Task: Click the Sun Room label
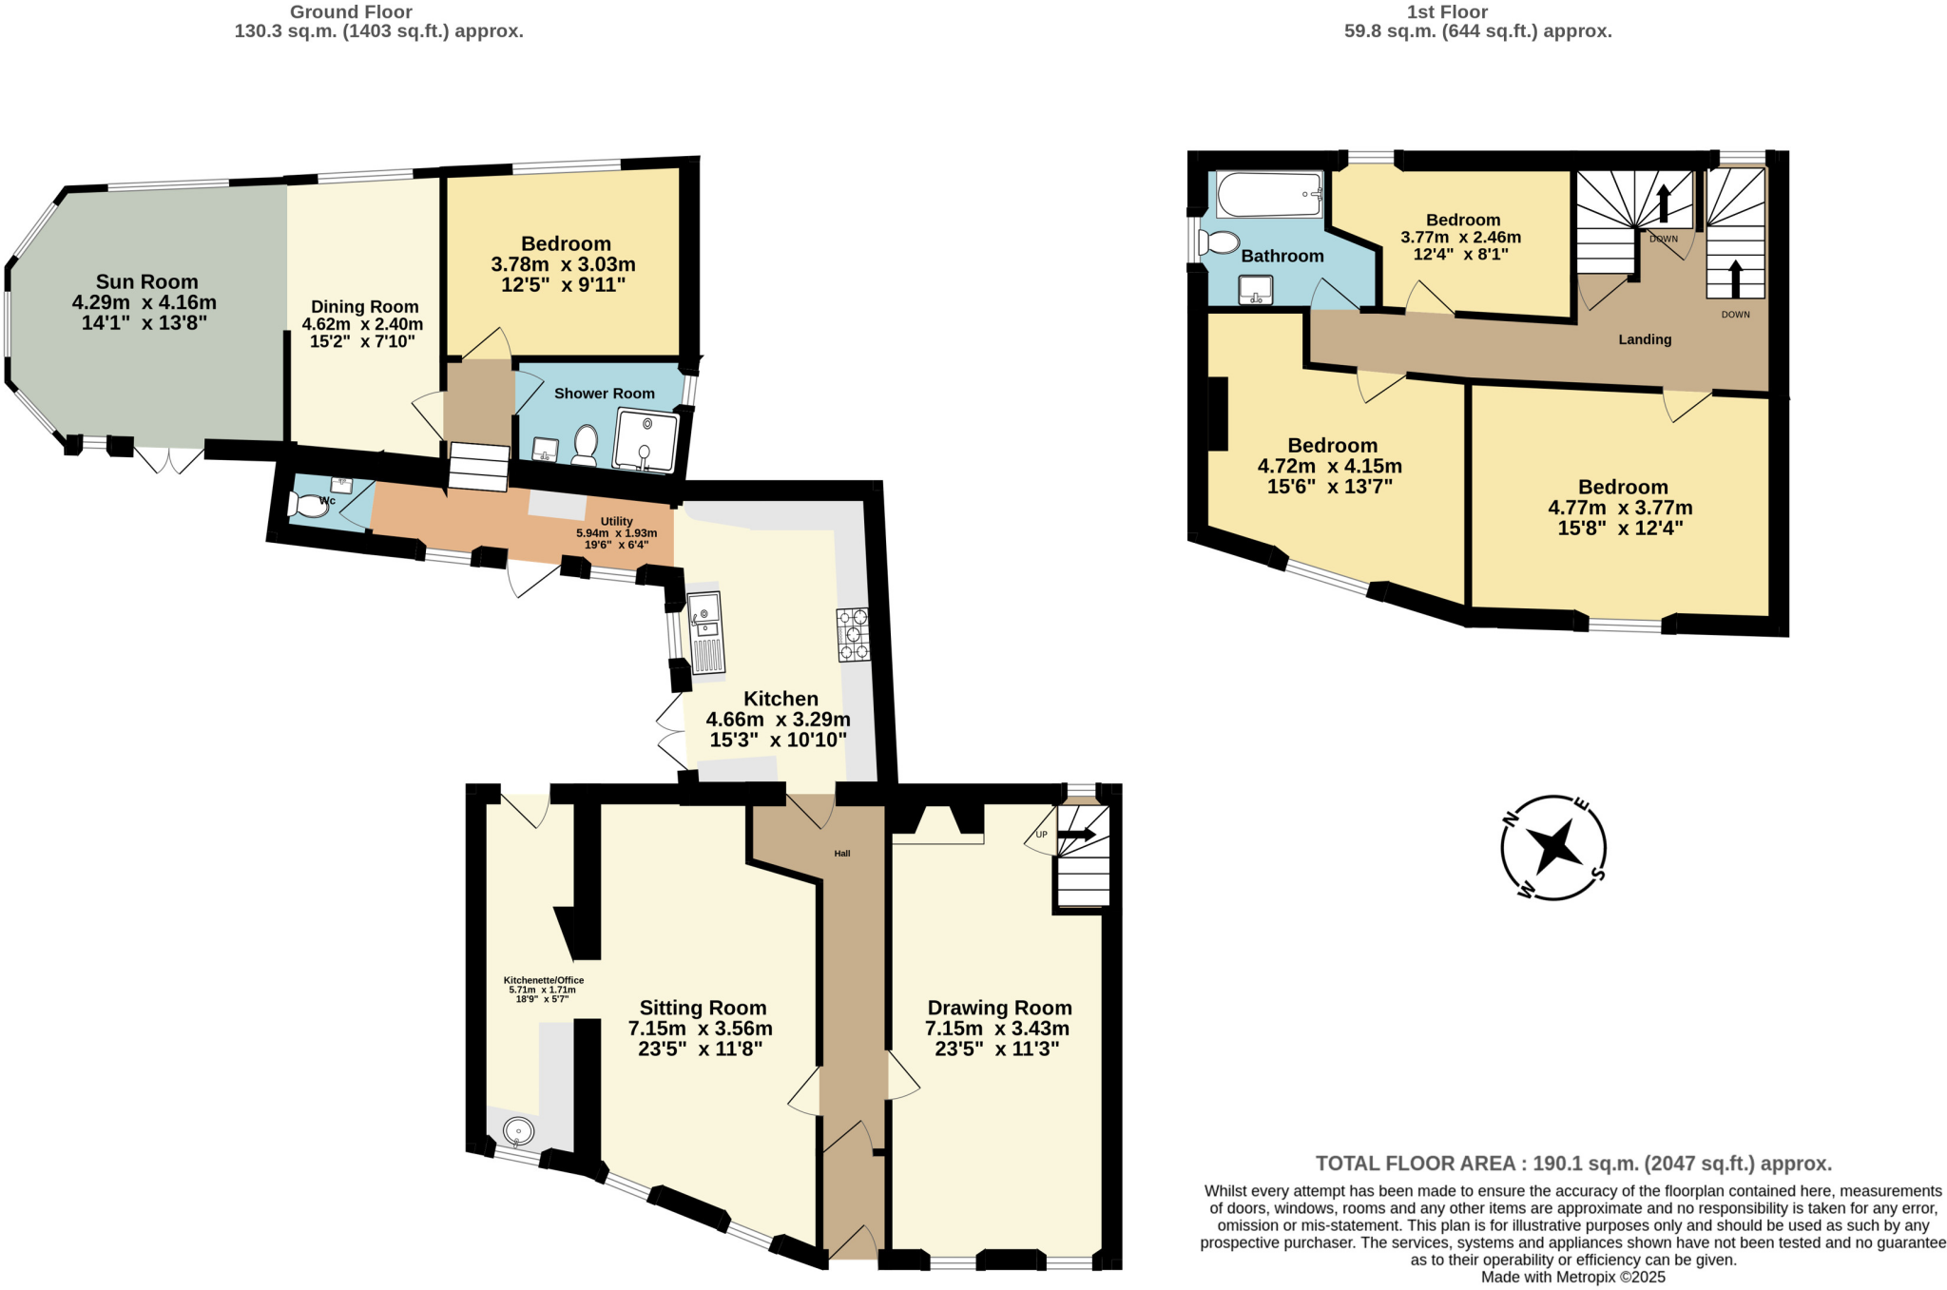coord(146,281)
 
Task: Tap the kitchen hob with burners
coord(853,634)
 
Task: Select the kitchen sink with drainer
coord(705,632)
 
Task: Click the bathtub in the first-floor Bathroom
coord(1269,194)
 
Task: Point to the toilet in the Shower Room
coord(584,445)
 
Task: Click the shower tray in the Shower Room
coord(646,440)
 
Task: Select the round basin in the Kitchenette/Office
coord(518,1131)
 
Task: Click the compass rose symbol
coord(1553,846)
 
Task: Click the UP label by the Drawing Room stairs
coord(1041,835)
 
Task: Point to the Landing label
coord(1645,339)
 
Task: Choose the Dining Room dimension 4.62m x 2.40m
coord(362,324)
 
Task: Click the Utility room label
coord(616,521)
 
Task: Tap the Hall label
coord(842,854)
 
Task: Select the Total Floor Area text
coord(1573,1164)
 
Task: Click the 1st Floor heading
coord(1447,12)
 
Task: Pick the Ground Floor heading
coord(351,12)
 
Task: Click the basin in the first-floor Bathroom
coord(1255,289)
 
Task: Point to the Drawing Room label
coord(999,1008)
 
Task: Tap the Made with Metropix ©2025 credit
coord(1572,1277)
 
